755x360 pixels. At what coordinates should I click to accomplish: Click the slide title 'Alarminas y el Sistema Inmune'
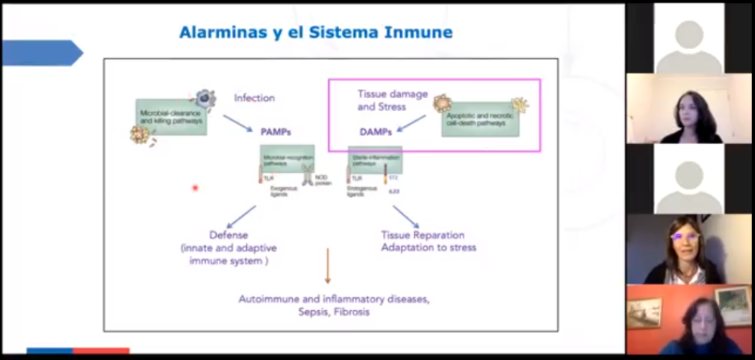[x=316, y=32]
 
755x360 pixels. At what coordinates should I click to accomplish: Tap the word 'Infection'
[x=254, y=98]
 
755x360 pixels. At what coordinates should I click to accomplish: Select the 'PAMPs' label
[x=276, y=131]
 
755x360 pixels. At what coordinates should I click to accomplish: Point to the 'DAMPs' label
[x=374, y=131]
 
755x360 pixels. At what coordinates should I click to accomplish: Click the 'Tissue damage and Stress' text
[x=392, y=100]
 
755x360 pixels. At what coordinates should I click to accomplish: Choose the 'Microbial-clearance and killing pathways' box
[x=171, y=117]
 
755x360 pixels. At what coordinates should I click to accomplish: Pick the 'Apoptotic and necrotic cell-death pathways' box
[x=480, y=119]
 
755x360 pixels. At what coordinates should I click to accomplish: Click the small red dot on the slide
[x=195, y=188]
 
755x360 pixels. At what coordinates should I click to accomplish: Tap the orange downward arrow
[x=327, y=266]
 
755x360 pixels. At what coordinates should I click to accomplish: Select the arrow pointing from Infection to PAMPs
[x=237, y=122]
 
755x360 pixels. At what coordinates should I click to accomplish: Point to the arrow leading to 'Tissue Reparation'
[x=405, y=217]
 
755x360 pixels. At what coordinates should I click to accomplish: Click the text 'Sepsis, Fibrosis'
[x=334, y=312]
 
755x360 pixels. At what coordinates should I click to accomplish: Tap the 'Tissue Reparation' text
[x=422, y=235]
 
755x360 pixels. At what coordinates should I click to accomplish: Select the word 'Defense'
[x=229, y=235]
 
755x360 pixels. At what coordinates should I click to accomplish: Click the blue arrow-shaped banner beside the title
[x=42, y=53]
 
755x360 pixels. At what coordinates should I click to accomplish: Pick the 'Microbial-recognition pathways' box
[x=287, y=158]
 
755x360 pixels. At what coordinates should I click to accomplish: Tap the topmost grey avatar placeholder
[x=689, y=37]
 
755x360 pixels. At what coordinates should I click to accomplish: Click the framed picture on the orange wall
[x=643, y=312]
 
